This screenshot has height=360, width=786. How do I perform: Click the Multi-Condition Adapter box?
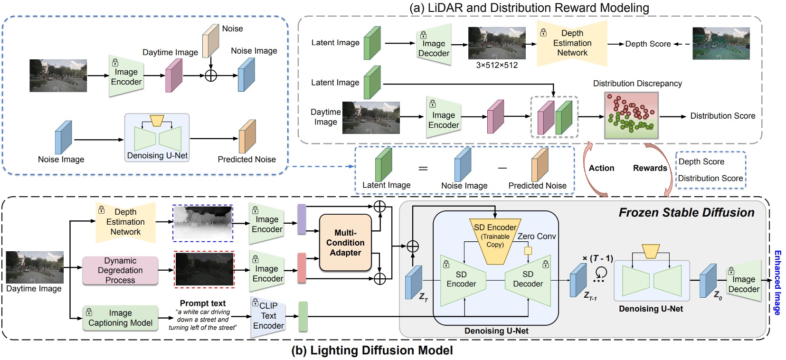click(345, 243)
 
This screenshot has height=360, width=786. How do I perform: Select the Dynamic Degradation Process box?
click(120, 271)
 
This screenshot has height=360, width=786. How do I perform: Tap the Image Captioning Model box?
click(120, 318)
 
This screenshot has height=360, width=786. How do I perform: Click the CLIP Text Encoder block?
click(268, 316)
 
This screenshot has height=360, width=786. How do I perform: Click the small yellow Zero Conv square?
click(528, 250)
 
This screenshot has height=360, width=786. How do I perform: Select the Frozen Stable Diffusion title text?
click(686, 212)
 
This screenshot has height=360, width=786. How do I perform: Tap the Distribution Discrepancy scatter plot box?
click(631, 116)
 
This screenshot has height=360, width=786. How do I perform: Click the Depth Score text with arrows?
click(648, 44)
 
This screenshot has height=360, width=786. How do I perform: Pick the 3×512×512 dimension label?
click(497, 65)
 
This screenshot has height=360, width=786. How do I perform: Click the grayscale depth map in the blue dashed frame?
click(203, 223)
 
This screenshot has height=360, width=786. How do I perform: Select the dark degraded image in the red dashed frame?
click(204, 270)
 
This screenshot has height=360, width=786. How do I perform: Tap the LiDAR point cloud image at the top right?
click(721, 43)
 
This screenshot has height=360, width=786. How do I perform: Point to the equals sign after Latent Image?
click(423, 168)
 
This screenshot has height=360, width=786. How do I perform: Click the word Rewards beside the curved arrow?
click(650, 168)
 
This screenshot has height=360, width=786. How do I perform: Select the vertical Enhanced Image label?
click(777, 283)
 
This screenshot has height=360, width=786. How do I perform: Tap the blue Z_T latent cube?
click(413, 282)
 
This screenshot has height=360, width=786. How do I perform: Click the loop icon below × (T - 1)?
click(600, 273)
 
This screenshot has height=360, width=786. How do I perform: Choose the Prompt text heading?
click(203, 303)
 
